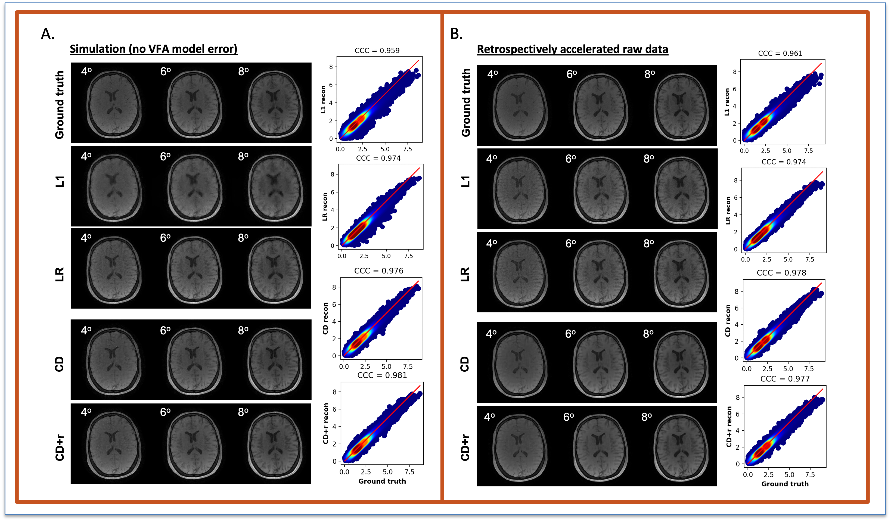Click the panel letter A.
pyautogui.click(x=48, y=34)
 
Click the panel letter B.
pyautogui.click(x=456, y=34)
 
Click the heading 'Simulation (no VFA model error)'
pyautogui.click(x=153, y=49)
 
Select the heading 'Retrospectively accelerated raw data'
pyautogui.click(x=572, y=49)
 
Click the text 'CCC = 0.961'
pyautogui.click(x=780, y=53)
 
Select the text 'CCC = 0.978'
pyautogui.click(x=781, y=273)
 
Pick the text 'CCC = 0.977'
pyautogui.click(x=785, y=379)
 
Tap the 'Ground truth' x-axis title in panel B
pyautogui.click(x=785, y=484)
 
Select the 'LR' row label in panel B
pyautogui.click(x=465, y=274)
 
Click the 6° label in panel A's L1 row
pyautogui.click(x=165, y=156)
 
